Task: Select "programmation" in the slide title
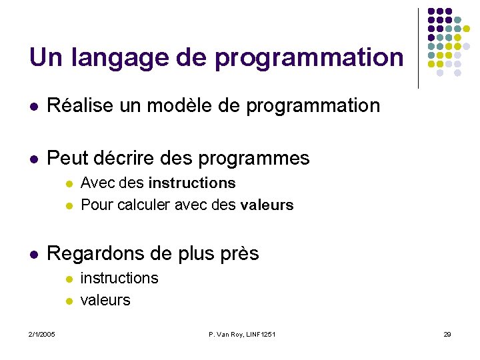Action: pyautogui.click(x=309, y=58)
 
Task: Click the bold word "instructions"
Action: pyautogui.click(x=192, y=183)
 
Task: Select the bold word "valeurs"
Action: pyautogui.click(x=267, y=205)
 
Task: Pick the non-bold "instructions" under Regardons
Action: pyautogui.click(x=119, y=278)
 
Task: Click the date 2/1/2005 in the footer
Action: pyautogui.click(x=41, y=334)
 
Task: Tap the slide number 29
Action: pyautogui.click(x=447, y=334)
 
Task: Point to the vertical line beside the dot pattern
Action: pyautogui.click(x=418, y=48)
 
